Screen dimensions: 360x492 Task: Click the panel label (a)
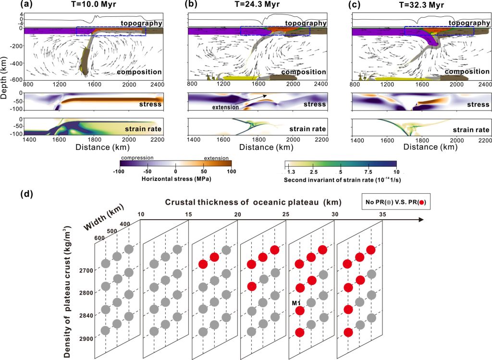pyautogui.click(x=8, y=5)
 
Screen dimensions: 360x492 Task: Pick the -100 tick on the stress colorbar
pyautogui.click(x=121, y=171)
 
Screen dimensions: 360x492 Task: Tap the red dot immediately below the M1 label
pyautogui.click(x=300, y=310)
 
